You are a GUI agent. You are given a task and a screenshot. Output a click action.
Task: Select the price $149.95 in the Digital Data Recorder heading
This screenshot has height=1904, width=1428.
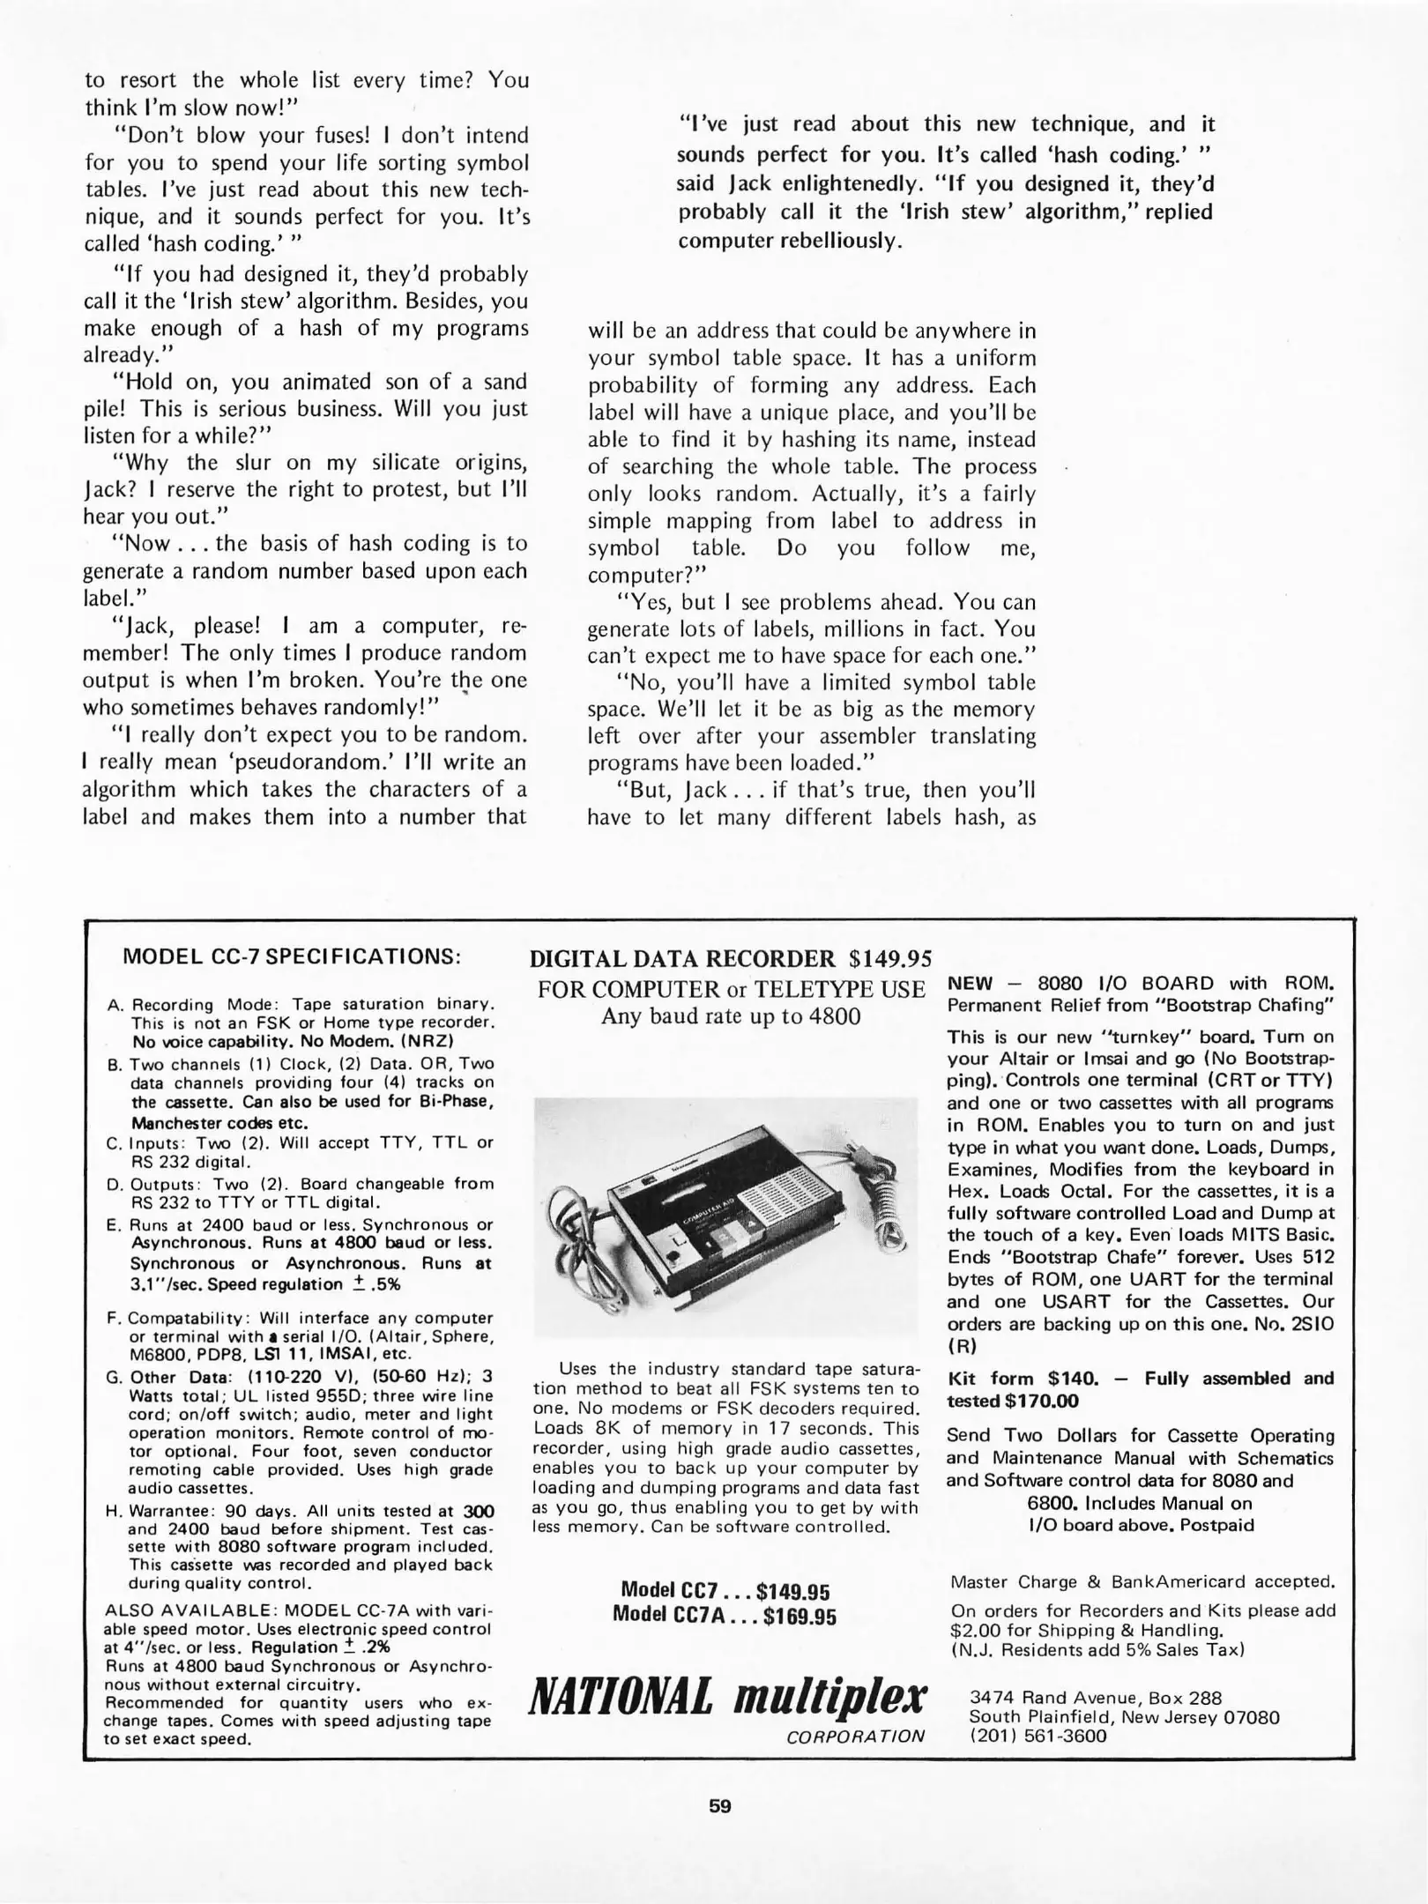pos(889,958)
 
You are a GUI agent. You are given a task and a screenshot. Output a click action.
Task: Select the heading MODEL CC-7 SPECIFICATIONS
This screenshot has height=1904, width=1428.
pos(292,956)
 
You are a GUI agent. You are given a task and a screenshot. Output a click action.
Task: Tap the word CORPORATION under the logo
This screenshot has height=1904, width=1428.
pos(855,1736)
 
